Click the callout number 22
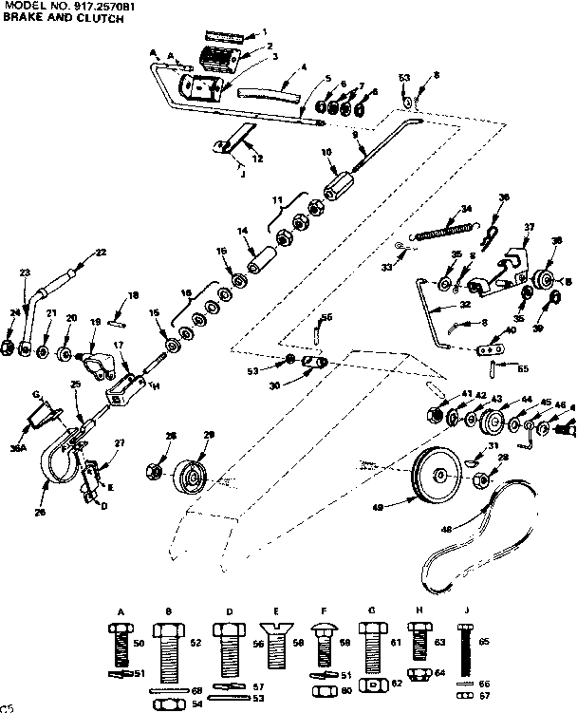click(x=101, y=252)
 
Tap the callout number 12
click(x=257, y=158)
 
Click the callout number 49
click(x=405, y=508)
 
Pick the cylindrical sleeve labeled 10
click(x=339, y=178)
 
